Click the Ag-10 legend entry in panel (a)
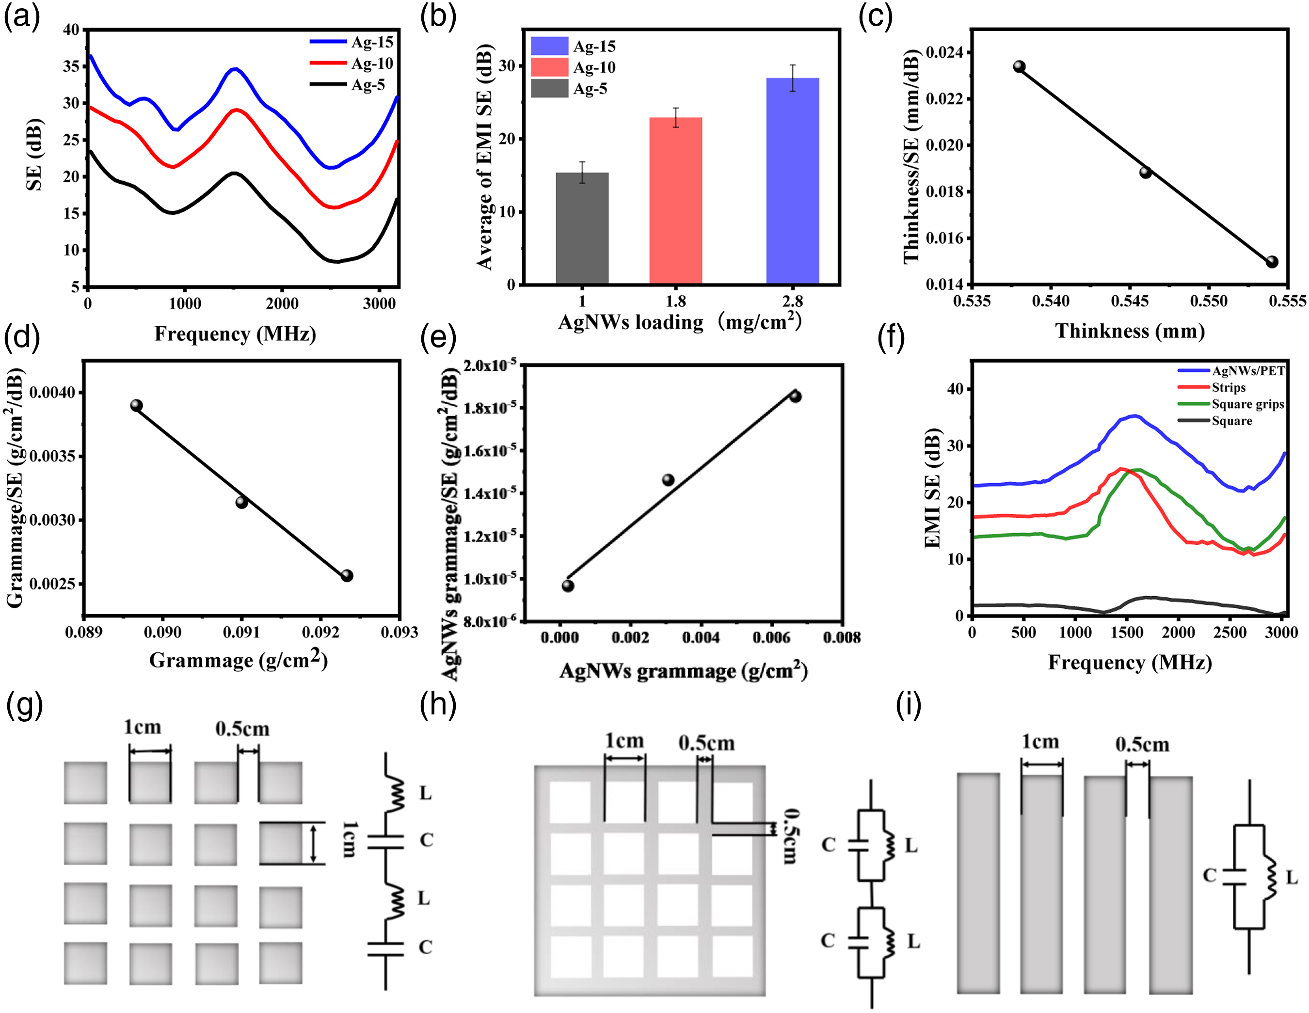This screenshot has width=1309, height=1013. point(352,63)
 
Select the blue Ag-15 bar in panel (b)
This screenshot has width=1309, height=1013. point(792,181)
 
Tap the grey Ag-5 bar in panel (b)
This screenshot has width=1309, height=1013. point(582,228)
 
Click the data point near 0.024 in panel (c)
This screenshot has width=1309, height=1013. point(1019,66)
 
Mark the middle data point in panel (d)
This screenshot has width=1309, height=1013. point(241,502)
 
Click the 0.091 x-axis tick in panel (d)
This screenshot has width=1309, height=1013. point(241,632)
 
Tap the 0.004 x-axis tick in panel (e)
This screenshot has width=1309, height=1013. point(701,637)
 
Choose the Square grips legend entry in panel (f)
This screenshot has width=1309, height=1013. point(1231,404)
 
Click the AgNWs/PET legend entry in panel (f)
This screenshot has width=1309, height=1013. point(1231,371)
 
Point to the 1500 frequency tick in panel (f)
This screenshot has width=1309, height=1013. point(1126,632)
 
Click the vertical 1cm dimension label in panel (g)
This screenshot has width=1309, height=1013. point(350,840)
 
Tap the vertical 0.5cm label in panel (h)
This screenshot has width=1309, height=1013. point(791,836)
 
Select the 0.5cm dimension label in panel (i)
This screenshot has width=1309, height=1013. point(1142,744)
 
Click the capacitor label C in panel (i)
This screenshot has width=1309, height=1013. point(1210,875)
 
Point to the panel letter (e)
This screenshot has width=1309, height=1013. point(438,338)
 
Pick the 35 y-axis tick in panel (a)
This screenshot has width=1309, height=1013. point(71,66)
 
